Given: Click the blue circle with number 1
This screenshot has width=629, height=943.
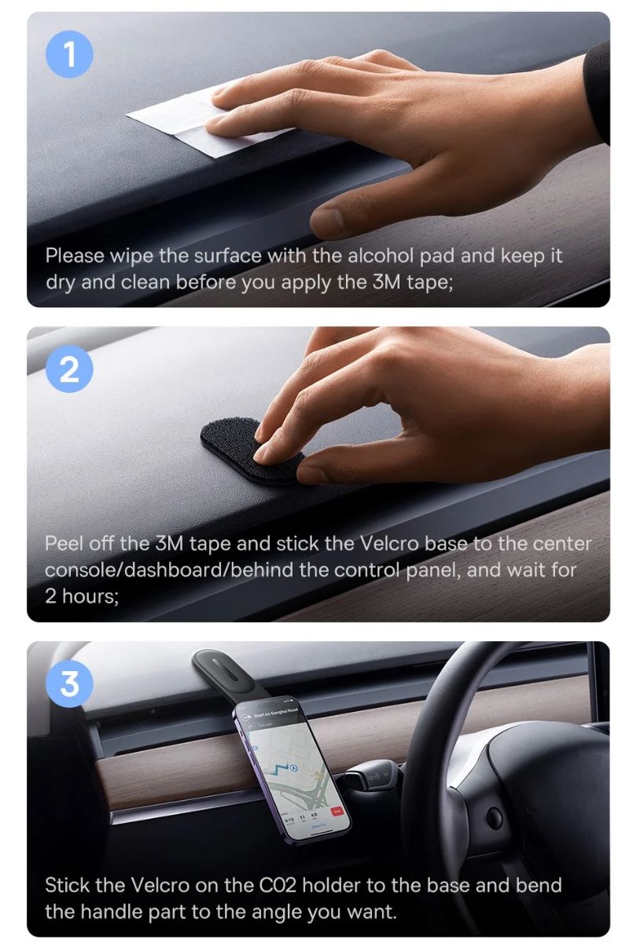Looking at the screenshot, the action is [x=69, y=55].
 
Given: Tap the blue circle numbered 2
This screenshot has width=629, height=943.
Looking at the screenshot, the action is [x=69, y=369].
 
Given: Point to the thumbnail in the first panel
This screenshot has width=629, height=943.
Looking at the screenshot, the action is [x=327, y=222].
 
